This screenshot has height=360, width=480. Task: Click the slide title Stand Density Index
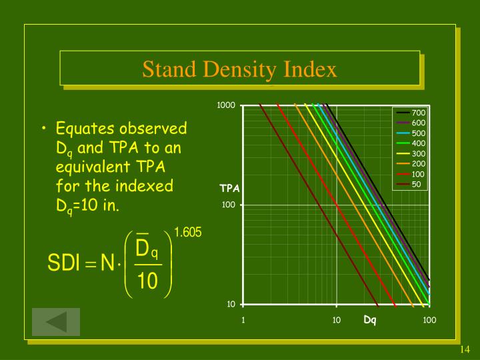tap(240, 69)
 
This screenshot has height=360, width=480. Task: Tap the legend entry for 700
tap(418, 113)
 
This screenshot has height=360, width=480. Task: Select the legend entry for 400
tap(418, 143)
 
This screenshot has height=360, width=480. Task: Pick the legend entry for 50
tap(416, 184)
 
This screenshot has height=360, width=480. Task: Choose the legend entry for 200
tap(418, 164)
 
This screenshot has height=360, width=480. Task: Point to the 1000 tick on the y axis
tap(227, 106)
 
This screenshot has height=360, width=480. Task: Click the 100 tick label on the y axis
tap(229, 205)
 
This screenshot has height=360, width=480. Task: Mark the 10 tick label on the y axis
tap(231, 305)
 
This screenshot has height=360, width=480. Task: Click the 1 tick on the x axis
tap(243, 320)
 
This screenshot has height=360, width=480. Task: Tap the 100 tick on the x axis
tap(429, 320)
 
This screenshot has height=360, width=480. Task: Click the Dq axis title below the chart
tap(370, 320)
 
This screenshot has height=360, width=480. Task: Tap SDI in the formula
tap(64, 265)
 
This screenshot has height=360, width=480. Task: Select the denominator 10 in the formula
tap(147, 282)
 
